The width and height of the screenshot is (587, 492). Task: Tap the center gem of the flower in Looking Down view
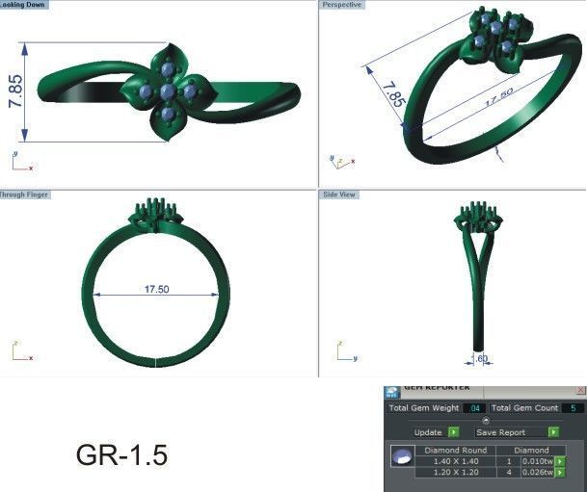tap(169, 91)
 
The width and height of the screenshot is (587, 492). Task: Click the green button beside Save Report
tap(553, 432)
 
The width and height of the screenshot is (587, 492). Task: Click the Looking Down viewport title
tap(23, 5)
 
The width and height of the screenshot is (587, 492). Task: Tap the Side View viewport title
tap(339, 194)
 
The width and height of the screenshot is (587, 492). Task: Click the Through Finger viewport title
tap(25, 194)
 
